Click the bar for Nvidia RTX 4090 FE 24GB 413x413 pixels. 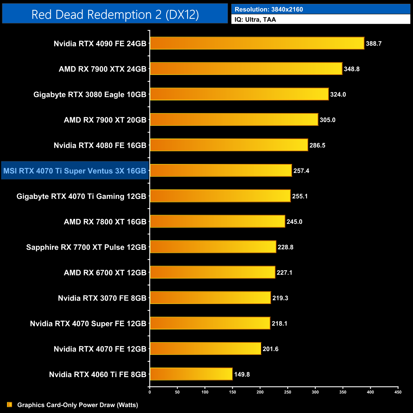point(257,43)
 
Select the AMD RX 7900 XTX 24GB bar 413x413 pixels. point(246,69)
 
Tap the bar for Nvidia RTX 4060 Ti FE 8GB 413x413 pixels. point(191,374)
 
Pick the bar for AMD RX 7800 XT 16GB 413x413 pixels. point(217,221)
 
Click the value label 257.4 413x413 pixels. point(301,171)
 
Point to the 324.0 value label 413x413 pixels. point(338,95)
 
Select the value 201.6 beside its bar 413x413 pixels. point(270,349)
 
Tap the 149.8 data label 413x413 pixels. point(242,375)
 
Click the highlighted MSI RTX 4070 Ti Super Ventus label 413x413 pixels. point(75,171)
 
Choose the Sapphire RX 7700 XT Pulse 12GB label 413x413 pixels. point(86,247)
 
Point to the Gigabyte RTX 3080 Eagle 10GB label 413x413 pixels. point(90,95)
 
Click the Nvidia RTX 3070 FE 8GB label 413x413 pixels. point(102,298)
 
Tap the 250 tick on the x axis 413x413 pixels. point(288,392)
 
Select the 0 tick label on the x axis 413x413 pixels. point(150,392)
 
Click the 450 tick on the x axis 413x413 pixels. point(398,392)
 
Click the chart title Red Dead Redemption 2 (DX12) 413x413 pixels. point(115,15)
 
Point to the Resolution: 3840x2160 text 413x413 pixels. point(269,10)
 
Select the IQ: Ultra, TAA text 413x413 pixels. point(255,20)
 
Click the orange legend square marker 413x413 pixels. point(10,405)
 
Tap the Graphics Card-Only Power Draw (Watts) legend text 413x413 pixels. point(78,405)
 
